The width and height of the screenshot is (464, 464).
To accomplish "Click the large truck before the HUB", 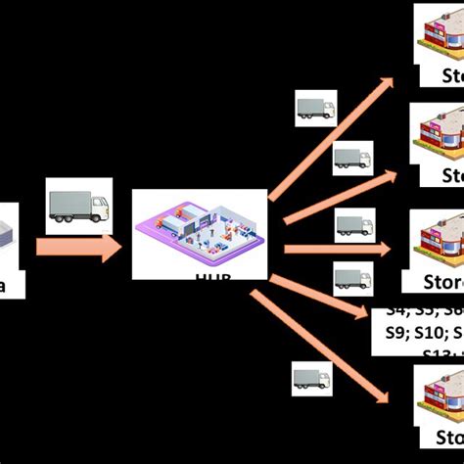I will pos(79,207).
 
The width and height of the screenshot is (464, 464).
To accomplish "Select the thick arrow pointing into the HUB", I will pos(78,247).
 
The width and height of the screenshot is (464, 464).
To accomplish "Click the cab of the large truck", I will pos(99,207).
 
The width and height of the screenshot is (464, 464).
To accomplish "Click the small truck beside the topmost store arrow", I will pos(315,109).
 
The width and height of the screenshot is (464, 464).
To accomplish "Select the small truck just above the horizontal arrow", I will pos(354,226).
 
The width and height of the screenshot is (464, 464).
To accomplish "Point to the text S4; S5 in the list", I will pos(411,311).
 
